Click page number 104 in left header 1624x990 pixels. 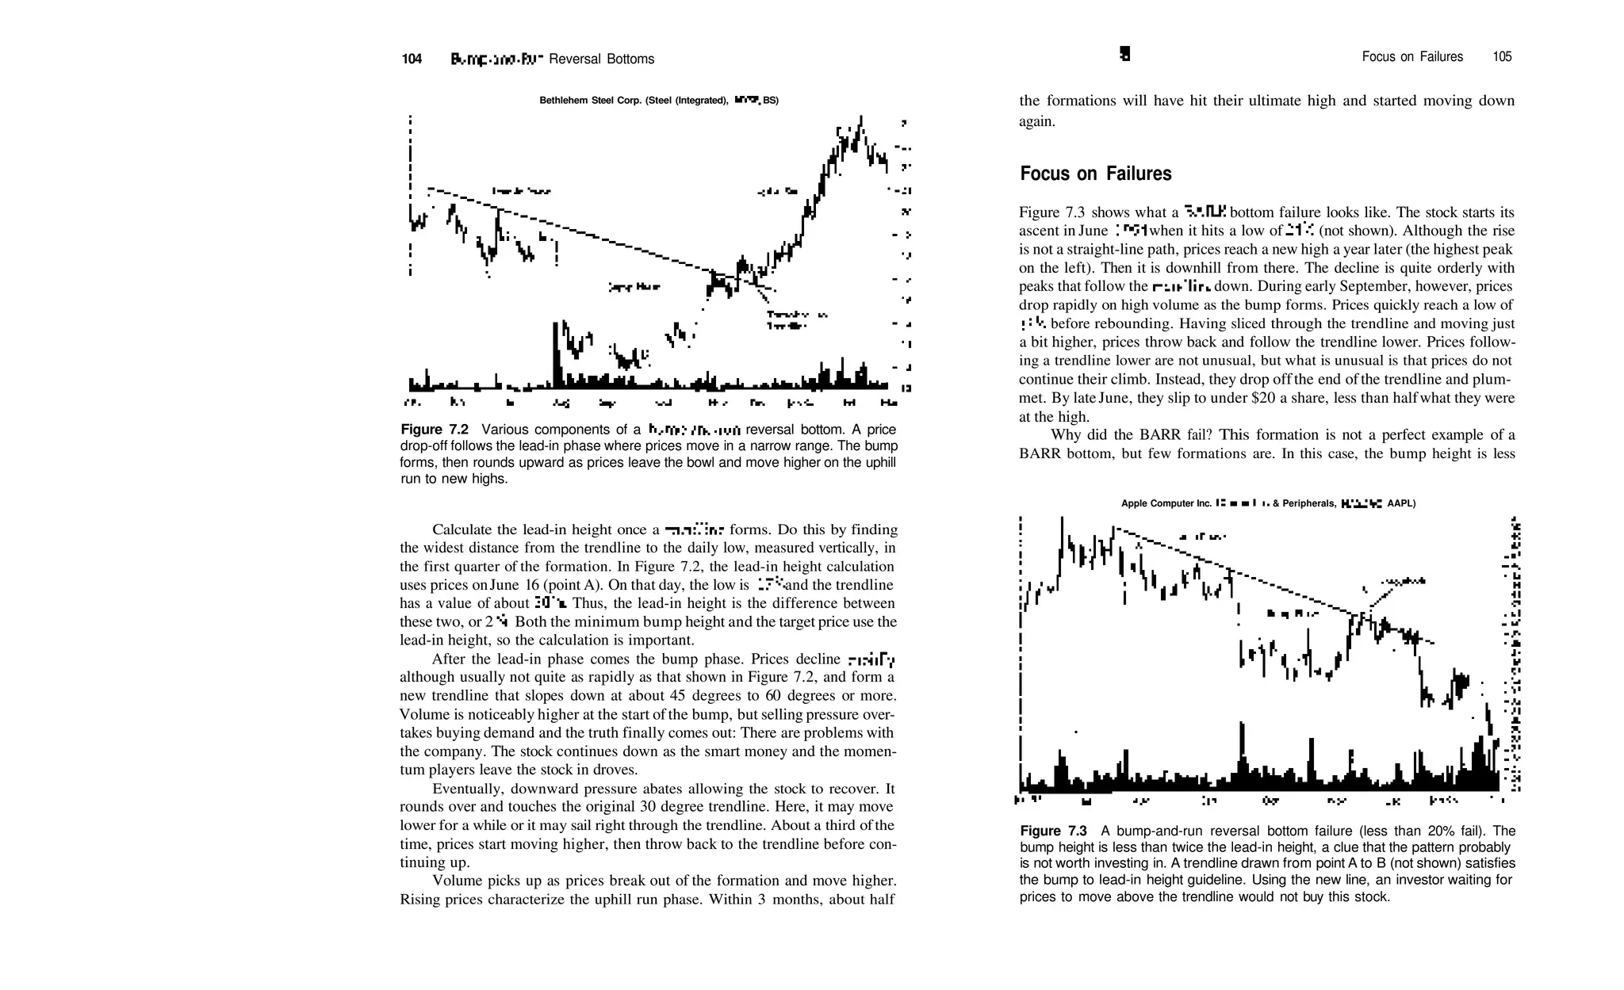pyautogui.click(x=412, y=59)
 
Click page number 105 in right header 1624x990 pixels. pyautogui.click(x=1502, y=57)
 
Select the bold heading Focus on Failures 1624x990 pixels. pyautogui.click(x=1095, y=174)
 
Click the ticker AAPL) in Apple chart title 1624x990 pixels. pyautogui.click(x=1401, y=503)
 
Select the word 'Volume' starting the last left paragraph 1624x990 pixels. pyautogui.click(x=454, y=881)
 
